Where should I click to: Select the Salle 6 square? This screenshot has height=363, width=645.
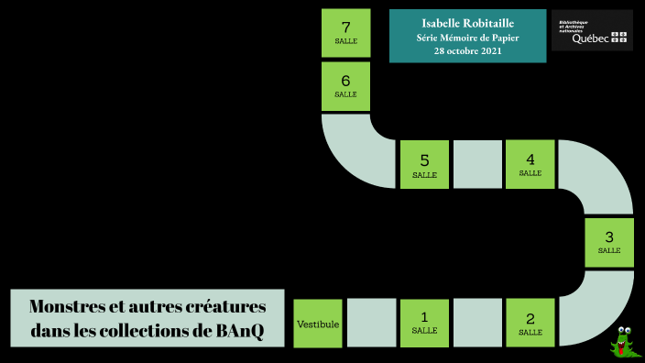pos(345,85)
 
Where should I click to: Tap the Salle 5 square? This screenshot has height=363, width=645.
pos(424,164)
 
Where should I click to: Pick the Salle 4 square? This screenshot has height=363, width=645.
pos(530,164)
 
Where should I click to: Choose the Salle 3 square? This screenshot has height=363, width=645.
pos(608,242)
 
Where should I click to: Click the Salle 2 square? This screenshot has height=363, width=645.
pos(530,323)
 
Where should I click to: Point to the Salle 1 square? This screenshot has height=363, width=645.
pos(424,323)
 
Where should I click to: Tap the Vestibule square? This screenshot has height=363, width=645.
pos(318,324)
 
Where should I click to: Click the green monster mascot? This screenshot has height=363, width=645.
pos(626,341)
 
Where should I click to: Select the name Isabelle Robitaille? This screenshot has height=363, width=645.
pos(467,22)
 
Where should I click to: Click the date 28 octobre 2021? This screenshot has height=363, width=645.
pos(467,51)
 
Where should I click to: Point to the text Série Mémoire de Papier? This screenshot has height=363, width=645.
pos(467,38)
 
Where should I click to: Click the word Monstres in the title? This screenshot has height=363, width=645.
pos(72,306)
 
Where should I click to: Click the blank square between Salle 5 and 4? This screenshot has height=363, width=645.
pos(477,164)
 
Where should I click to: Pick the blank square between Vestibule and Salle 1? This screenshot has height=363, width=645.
pos(371,323)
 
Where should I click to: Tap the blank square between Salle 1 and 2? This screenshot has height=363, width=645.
pos(477,323)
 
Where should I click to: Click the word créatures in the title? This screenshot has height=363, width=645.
pos(224,306)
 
